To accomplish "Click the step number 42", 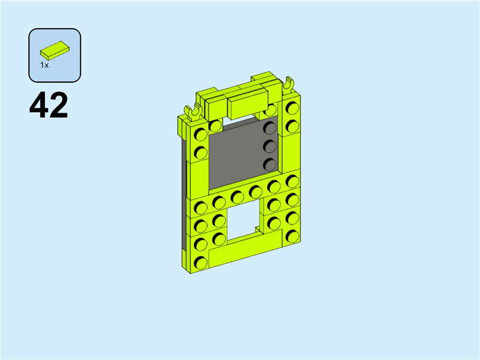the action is [x=49, y=105].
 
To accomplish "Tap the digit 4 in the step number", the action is [x=39, y=105].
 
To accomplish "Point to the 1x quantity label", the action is [x=44, y=65].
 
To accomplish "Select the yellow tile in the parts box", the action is [x=55, y=50].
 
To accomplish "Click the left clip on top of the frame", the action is [x=192, y=112].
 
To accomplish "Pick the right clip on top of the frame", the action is [x=288, y=84].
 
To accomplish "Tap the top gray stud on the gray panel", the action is [x=269, y=128].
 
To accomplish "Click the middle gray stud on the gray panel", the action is [x=269, y=146].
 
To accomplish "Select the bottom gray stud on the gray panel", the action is [x=269, y=164].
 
